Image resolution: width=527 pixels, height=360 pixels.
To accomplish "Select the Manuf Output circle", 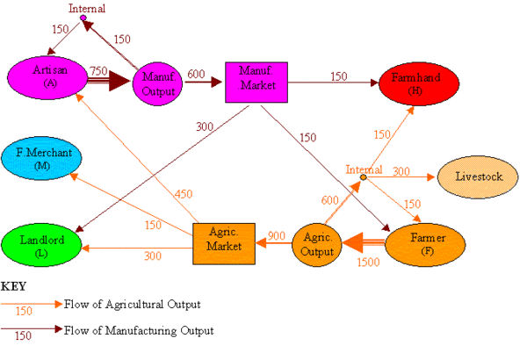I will (161, 83).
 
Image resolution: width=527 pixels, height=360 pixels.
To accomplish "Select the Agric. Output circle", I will (316, 243).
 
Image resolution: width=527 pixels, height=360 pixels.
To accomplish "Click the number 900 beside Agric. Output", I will (277, 235).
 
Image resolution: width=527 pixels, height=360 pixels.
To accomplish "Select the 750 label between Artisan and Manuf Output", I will (98, 69).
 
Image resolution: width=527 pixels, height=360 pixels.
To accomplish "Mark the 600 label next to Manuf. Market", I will (197, 75).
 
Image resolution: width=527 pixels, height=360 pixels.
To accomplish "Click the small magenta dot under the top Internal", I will (83, 18).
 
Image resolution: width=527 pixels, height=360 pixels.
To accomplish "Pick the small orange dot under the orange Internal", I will (364, 177).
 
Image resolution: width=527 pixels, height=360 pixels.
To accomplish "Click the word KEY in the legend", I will (13, 286).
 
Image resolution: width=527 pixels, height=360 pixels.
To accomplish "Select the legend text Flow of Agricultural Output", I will (132, 305).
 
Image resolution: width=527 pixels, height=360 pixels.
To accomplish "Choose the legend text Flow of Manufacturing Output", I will (139, 331).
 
